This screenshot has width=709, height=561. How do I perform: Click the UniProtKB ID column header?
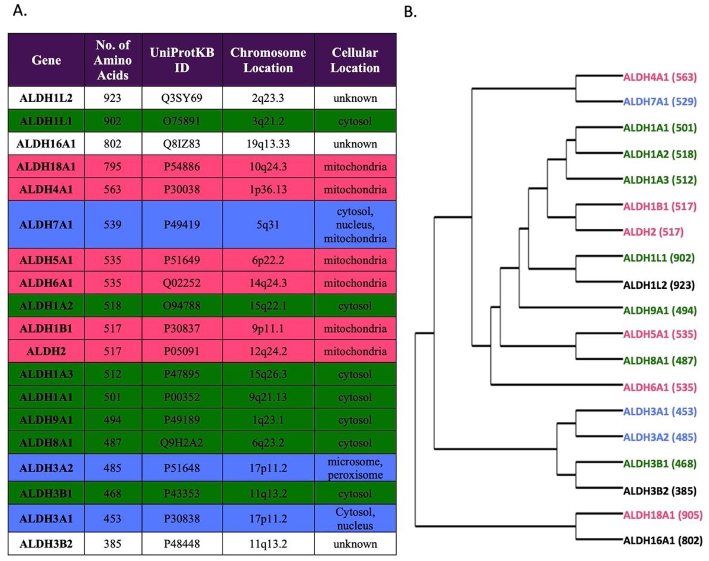(x=182, y=60)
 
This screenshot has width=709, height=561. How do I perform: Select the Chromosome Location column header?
(x=268, y=60)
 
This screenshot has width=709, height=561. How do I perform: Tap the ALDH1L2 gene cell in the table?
(x=46, y=98)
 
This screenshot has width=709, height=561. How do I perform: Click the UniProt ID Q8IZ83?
(x=182, y=144)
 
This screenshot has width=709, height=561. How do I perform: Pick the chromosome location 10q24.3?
(x=268, y=167)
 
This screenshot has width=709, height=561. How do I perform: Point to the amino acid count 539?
(x=112, y=225)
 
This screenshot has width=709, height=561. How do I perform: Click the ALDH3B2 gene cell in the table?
(x=46, y=544)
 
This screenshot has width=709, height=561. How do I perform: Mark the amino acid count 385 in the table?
(x=112, y=544)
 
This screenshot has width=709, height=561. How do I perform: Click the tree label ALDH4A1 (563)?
(x=660, y=77)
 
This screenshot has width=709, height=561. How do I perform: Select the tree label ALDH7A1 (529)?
(x=660, y=101)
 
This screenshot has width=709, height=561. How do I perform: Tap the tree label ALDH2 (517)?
(x=653, y=232)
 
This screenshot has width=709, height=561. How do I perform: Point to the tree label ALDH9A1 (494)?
(x=660, y=310)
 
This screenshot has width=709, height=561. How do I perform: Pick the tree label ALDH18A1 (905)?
(x=663, y=515)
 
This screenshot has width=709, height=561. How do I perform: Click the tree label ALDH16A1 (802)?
(x=663, y=540)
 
